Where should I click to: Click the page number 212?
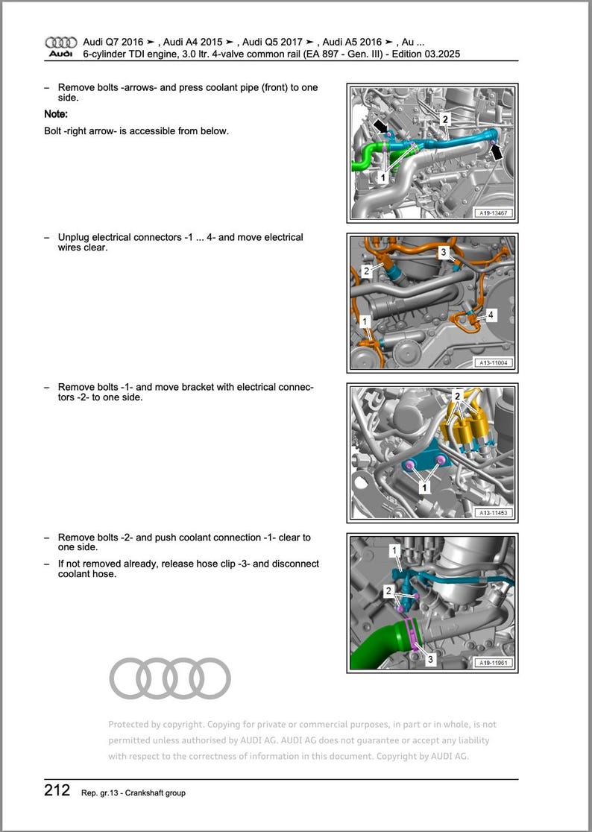(57, 791)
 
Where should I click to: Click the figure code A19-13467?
(494, 213)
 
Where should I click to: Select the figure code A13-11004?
(494, 363)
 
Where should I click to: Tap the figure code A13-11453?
(494, 513)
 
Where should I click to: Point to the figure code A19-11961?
(494, 662)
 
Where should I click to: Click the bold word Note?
(56, 114)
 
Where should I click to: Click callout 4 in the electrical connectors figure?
(490, 316)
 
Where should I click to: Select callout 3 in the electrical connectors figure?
(443, 253)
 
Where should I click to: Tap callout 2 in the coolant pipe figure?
(445, 119)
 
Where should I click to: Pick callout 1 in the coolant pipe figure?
(382, 178)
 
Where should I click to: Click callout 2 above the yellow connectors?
(458, 395)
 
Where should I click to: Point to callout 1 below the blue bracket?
(424, 488)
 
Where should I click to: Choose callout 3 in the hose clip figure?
(429, 660)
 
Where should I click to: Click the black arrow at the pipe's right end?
(497, 152)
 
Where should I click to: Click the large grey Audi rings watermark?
(170, 678)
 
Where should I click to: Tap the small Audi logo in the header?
(60, 47)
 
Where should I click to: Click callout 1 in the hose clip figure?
(395, 551)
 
